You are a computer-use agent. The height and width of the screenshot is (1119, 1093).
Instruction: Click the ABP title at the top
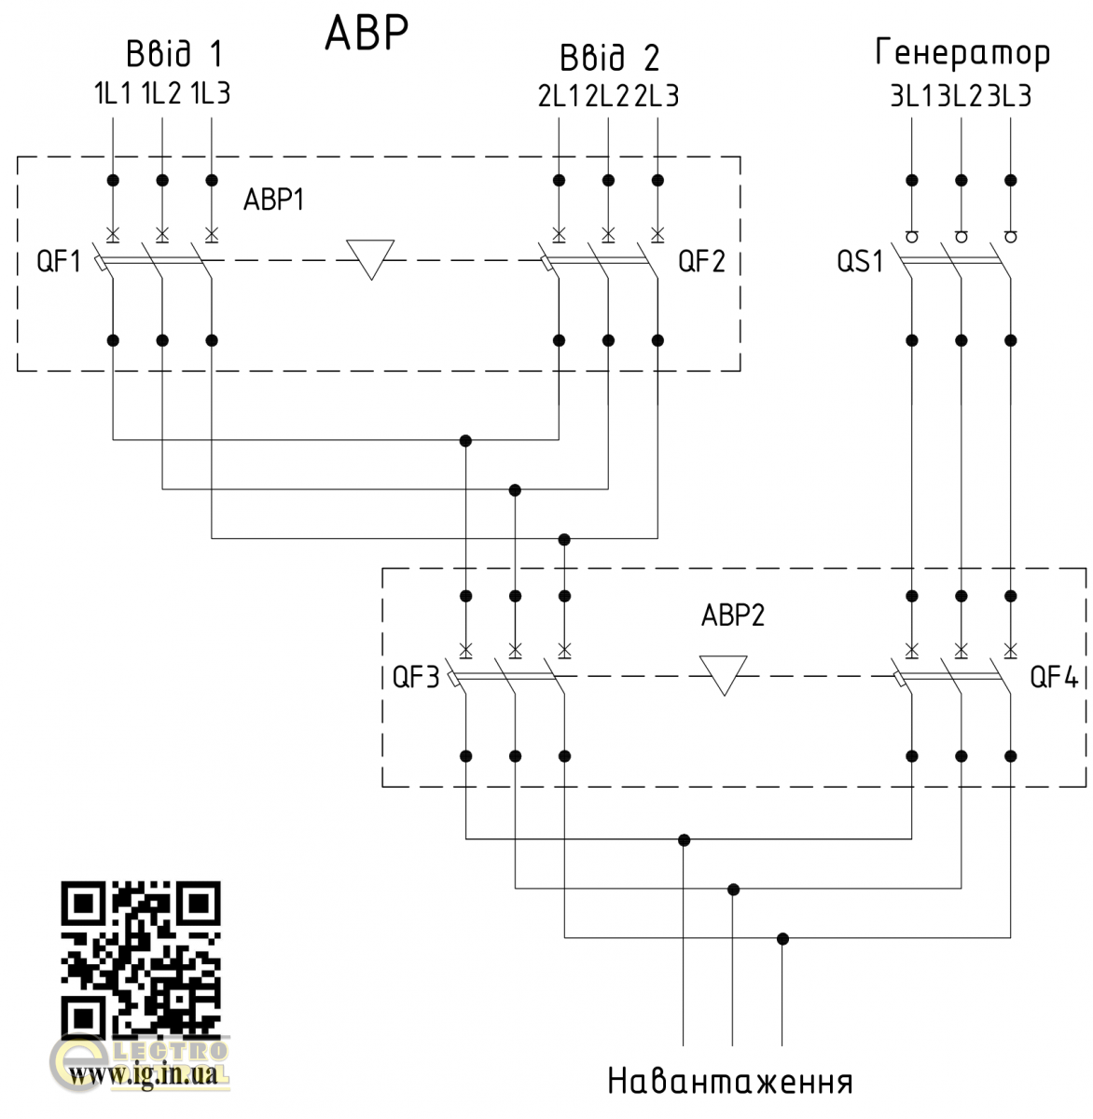366,34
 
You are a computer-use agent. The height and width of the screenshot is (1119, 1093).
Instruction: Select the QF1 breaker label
59,262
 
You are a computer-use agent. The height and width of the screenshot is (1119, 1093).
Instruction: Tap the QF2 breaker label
701,261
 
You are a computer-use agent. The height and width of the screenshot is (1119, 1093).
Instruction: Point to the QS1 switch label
859,262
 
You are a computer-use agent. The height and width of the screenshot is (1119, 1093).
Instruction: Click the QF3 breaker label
415,678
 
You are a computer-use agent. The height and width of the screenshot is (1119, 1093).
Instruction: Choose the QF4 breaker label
1054,677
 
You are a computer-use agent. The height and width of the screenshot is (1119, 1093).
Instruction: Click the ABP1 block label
273,200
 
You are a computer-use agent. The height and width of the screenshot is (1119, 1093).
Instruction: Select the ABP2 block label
732,615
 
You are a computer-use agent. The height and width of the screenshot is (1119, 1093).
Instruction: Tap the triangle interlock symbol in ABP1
370,257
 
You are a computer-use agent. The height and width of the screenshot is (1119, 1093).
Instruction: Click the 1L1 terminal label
113,94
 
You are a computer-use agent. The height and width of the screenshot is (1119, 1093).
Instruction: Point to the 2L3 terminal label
657,96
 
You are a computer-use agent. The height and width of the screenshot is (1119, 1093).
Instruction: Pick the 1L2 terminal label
161,94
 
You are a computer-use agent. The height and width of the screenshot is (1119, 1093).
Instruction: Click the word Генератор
962,54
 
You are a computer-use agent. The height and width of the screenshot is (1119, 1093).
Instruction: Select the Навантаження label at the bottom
730,1082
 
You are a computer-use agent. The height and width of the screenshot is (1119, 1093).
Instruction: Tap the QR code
140,956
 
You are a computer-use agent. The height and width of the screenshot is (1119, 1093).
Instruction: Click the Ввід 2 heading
609,58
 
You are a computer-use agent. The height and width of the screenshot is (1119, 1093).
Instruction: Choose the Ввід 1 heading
174,54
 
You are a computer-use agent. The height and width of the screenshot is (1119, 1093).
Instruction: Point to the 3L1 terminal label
913,96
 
